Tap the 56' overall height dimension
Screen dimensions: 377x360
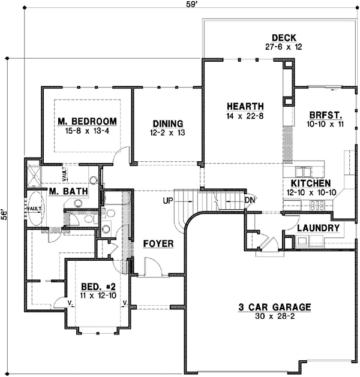5,215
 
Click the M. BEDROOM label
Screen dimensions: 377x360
87,122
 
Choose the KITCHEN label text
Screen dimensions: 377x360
311,183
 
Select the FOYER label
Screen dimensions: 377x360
158,244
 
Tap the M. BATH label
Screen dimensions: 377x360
69,192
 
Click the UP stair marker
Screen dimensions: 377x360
168,200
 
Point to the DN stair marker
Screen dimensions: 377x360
250,200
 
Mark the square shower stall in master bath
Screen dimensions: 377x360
35,173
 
